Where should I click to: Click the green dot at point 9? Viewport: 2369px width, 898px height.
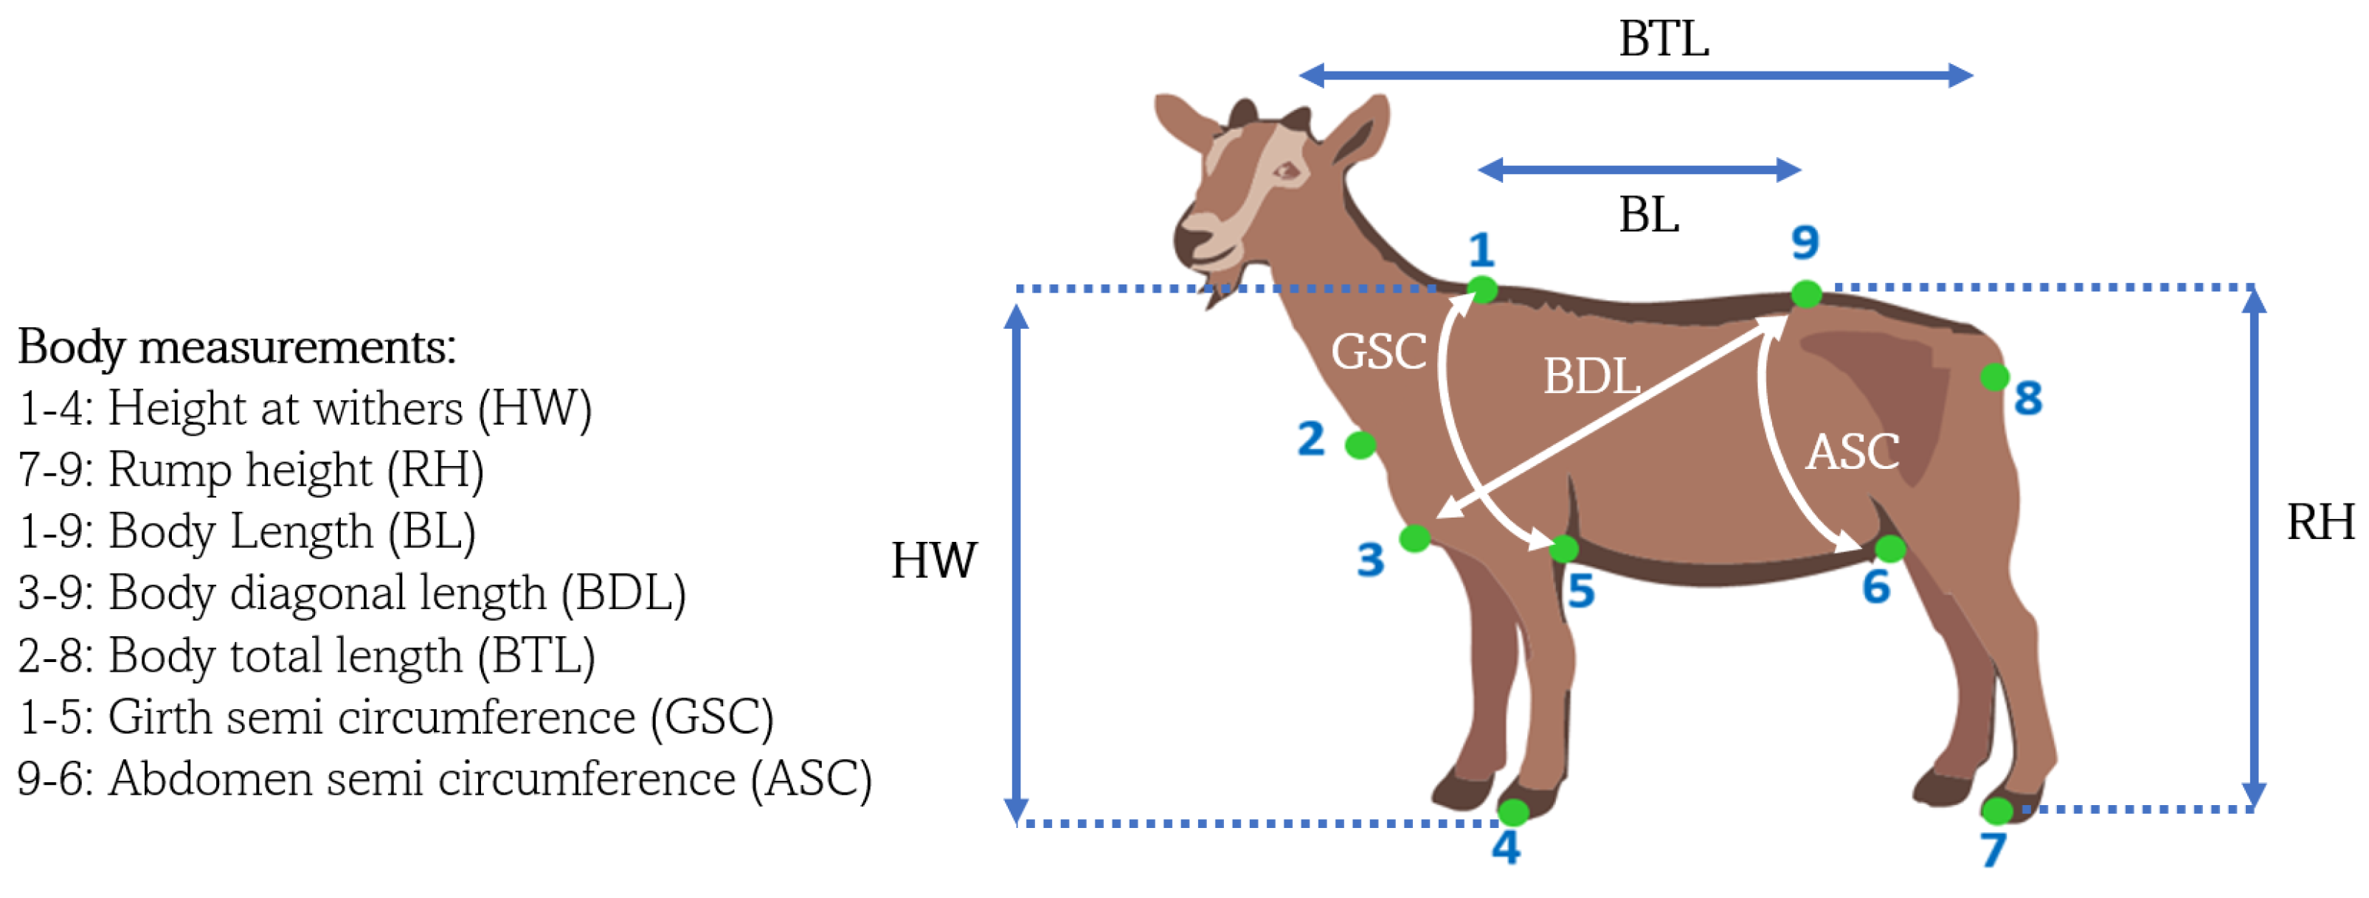[1806, 294]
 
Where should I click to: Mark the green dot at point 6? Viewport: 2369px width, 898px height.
[1890, 549]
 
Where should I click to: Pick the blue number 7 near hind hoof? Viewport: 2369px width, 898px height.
[1993, 850]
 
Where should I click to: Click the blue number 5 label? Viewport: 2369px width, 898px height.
[1581, 591]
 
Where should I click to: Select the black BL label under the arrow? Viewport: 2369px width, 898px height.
[1649, 216]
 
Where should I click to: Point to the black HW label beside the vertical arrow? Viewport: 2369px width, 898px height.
[933, 560]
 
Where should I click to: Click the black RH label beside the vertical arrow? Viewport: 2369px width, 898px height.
[2320, 523]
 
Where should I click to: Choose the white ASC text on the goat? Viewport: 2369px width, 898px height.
[1852, 452]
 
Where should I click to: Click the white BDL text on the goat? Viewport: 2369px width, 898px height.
[1591, 377]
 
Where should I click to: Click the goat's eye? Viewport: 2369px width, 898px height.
[1286, 171]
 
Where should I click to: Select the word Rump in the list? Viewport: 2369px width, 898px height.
[169, 470]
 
